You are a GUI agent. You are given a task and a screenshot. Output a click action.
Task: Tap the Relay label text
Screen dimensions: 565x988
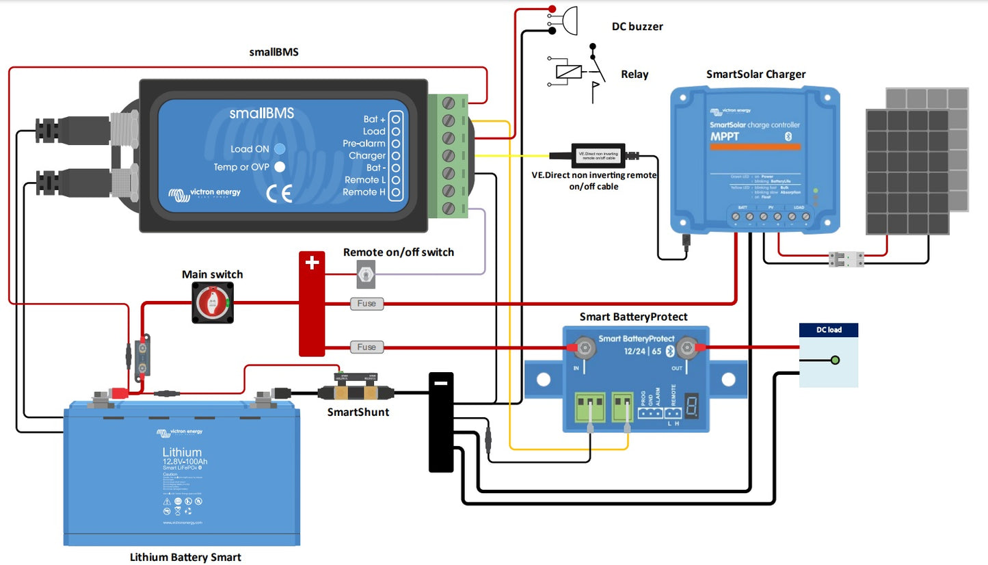(635, 75)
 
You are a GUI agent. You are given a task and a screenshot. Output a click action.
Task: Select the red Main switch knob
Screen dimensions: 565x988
(213, 303)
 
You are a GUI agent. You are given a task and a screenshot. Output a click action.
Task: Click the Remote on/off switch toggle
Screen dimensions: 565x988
(365, 274)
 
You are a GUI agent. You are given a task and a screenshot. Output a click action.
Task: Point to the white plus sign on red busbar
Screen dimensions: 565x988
(312, 262)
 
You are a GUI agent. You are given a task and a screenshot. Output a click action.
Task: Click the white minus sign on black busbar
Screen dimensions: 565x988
(441, 383)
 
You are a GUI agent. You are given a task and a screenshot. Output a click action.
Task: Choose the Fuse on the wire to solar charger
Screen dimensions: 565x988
(366, 303)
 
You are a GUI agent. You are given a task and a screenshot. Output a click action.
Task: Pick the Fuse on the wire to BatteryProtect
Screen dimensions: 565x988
(366, 347)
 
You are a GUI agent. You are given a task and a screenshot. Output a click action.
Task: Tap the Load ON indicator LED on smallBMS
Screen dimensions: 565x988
(279, 148)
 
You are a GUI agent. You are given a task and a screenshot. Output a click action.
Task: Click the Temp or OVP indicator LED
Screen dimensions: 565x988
(279, 166)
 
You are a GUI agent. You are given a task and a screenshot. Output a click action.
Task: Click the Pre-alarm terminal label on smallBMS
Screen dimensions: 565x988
(364, 144)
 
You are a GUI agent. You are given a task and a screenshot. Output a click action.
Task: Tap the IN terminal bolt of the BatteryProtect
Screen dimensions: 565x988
(583, 348)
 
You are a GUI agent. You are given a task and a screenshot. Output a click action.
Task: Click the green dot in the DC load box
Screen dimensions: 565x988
(834, 360)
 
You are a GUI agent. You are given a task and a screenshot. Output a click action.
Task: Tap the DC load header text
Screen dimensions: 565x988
(829, 330)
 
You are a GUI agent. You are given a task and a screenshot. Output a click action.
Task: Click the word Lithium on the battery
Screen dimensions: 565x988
(182, 452)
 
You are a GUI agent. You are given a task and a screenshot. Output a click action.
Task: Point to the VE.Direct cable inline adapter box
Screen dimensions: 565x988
(598, 155)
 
